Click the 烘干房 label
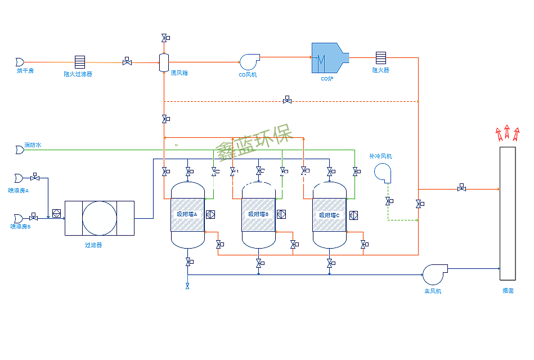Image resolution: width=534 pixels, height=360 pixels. [x=25, y=71]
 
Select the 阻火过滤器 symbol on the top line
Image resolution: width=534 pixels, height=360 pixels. [x=80, y=62]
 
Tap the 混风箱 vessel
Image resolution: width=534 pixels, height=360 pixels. [x=164, y=62]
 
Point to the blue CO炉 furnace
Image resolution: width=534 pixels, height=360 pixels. [x=329, y=57]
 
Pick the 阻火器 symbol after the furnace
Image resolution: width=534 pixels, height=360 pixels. [x=381, y=58]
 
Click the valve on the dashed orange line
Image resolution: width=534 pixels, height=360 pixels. [x=287, y=100]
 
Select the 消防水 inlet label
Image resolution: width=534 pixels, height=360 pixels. [x=33, y=145]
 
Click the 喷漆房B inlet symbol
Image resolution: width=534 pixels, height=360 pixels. [x=19, y=218]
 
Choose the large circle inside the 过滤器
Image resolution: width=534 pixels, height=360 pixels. [x=100, y=218]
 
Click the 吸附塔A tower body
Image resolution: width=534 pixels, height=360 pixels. [x=187, y=214]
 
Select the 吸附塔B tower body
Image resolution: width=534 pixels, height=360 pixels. [x=259, y=214]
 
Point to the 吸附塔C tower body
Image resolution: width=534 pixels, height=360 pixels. [x=330, y=214]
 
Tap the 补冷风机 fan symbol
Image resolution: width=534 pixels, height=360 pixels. [x=383, y=173]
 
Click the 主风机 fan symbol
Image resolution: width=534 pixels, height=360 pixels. [x=434, y=274]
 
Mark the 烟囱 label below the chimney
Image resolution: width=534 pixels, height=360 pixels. [x=508, y=291]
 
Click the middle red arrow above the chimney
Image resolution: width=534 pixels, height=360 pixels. [x=507, y=132]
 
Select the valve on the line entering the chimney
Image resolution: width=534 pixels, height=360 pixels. [x=461, y=188]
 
